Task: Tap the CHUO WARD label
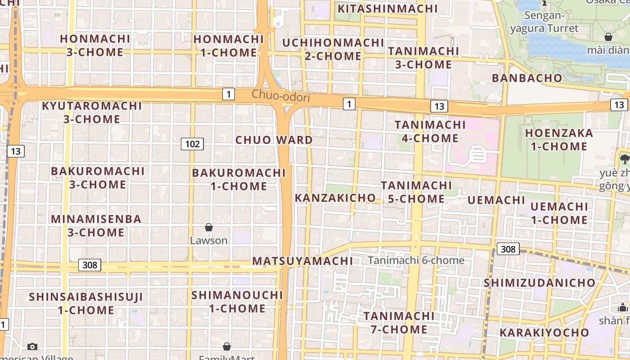(x=274, y=140)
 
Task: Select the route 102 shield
(x=192, y=144)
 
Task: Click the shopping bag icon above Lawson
(x=209, y=227)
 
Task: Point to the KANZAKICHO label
(x=335, y=198)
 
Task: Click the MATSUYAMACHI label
(x=302, y=261)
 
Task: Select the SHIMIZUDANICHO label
(x=540, y=283)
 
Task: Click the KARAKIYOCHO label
(x=544, y=333)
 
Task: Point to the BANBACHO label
(x=527, y=78)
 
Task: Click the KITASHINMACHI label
(x=387, y=9)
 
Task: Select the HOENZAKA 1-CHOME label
(x=559, y=139)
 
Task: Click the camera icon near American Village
(x=32, y=346)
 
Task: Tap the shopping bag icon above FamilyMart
(x=227, y=346)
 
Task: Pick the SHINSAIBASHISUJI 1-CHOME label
(x=86, y=303)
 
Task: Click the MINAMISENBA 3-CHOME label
(x=96, y=226)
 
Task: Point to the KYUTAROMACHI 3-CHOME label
(x=92, y=112)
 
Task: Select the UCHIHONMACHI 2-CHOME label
(x=333, y=49)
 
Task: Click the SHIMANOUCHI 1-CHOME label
(x=237, y=302)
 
